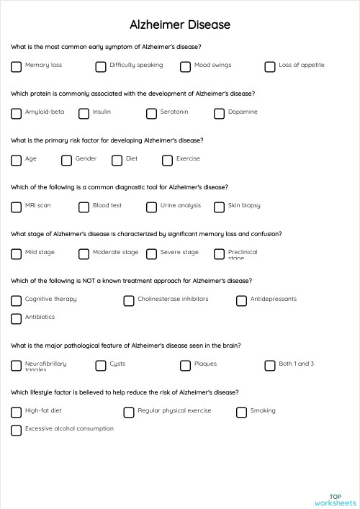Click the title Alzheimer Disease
coord(180,24)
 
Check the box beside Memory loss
coord(17,66)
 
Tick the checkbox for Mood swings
coord(185,66)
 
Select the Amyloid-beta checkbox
coord(17,113)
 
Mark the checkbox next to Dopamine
coord(219,113)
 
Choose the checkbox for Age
coord(17,160)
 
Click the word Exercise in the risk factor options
coord(188,158)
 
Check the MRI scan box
coord(17,207)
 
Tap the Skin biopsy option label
coord(244,205)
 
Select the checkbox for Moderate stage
coord(84,253)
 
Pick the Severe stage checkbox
coord(151,253)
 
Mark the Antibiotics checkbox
coord(17,318)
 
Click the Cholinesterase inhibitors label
coord(173,299)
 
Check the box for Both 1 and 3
coord(270,365)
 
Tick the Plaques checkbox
coord(185,365)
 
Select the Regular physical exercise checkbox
coord(129,412)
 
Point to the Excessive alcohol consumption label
coord(69,428)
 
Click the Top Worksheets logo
coord(335,500)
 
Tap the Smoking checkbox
coord(241,412)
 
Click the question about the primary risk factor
coord(107,140)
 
